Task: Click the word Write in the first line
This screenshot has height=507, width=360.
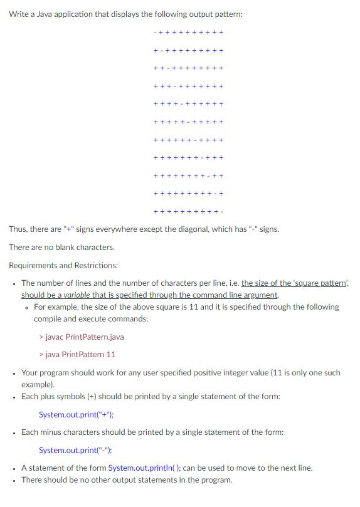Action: click(x=19, y=14)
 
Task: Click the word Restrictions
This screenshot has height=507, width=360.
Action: click(x=95, y=265)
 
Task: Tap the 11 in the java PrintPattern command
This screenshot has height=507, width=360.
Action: click(x=110, y=354)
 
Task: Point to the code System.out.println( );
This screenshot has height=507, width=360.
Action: click(x=145, y=468)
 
